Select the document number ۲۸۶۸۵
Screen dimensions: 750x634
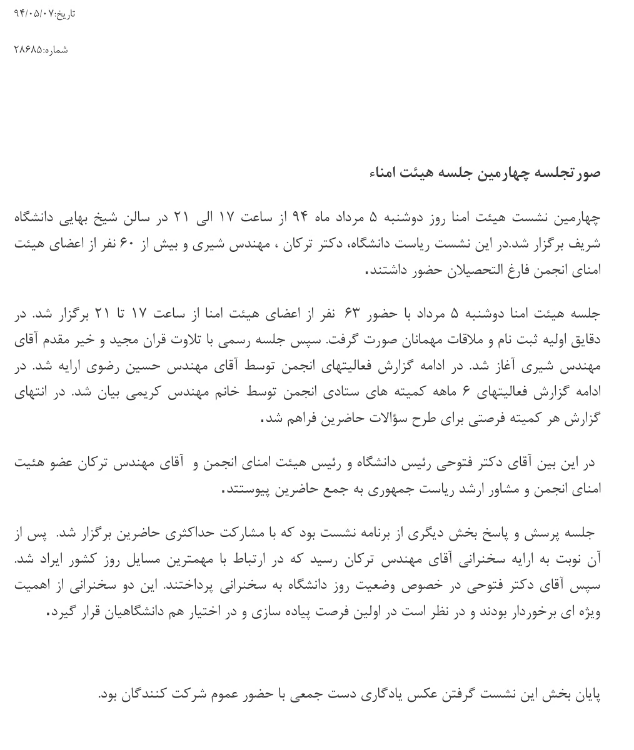[x=28, y=50]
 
